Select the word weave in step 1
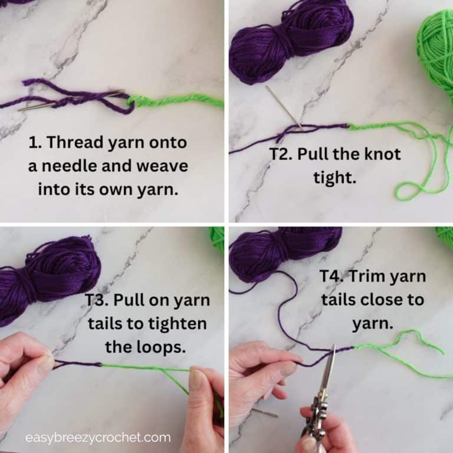(x=159, y=166)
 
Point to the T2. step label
(x=281, y=155)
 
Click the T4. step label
(x=334, y=276)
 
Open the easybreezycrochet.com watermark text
(x=98, y=438)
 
